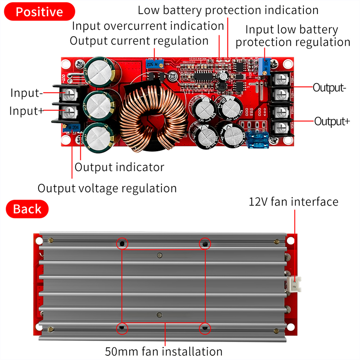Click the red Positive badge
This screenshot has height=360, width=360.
(40, 12)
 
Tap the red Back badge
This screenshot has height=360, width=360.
(27, 209)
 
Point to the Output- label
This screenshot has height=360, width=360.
(329, 87)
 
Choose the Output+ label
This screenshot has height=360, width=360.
(332, 121)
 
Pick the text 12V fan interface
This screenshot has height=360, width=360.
(293, 201)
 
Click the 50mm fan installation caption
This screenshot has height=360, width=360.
(164, 351)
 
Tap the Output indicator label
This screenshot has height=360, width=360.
(119, 167)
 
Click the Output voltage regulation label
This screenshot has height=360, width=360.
(107, 188)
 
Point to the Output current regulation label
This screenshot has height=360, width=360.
(139, 41)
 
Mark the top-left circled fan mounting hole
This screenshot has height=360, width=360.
(122, 244)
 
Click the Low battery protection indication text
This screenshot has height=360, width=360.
(228, 10)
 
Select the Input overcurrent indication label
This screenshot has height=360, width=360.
(148, 26)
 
